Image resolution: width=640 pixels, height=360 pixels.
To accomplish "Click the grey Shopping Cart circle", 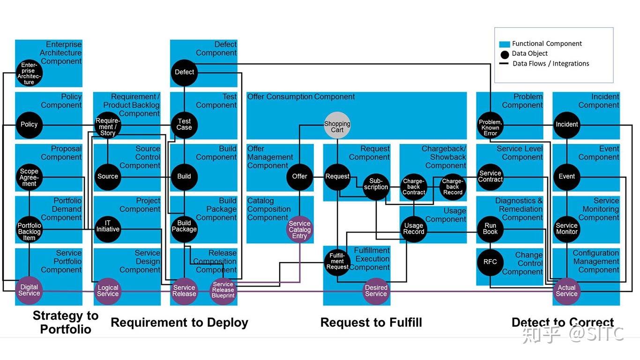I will (x=337, y=125).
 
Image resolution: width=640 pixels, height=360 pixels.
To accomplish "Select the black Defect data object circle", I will (x=184, y=72).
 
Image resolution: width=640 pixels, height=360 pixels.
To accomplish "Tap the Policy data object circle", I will (x=29, y=125).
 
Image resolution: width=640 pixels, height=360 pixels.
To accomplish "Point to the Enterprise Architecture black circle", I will (x=29, y=74).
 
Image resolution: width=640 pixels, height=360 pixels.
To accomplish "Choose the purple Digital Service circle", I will (x=29, y=291).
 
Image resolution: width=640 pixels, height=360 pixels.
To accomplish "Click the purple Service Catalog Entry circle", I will (x=299, y=230).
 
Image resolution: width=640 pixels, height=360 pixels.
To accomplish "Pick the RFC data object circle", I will (x=490, y=262).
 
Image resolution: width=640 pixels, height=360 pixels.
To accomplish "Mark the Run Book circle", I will (x=490, y=229).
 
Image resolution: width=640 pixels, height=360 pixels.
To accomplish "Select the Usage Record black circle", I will (x=414, y=229).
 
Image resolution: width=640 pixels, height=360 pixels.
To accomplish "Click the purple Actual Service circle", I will (x=566, y=291).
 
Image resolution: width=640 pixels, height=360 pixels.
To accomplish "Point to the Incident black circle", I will (x=567, y=125).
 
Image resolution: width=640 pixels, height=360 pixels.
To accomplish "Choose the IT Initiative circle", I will (x=108, y=229).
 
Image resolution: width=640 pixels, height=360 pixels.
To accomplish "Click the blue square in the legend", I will (x=504, y=44).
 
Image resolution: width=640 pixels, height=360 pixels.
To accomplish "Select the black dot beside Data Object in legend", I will (x=504, y=54).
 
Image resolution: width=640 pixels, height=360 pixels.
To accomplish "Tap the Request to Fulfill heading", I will (x=371, y=322).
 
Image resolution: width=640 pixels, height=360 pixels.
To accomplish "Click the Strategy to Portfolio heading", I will (x=66, y=322).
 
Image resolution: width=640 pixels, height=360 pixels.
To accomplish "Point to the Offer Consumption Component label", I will (x=301, y=97).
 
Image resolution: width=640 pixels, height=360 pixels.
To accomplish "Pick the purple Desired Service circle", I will (x=376, y=291).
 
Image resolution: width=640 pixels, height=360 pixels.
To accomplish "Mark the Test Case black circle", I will (x=184, y=125).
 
